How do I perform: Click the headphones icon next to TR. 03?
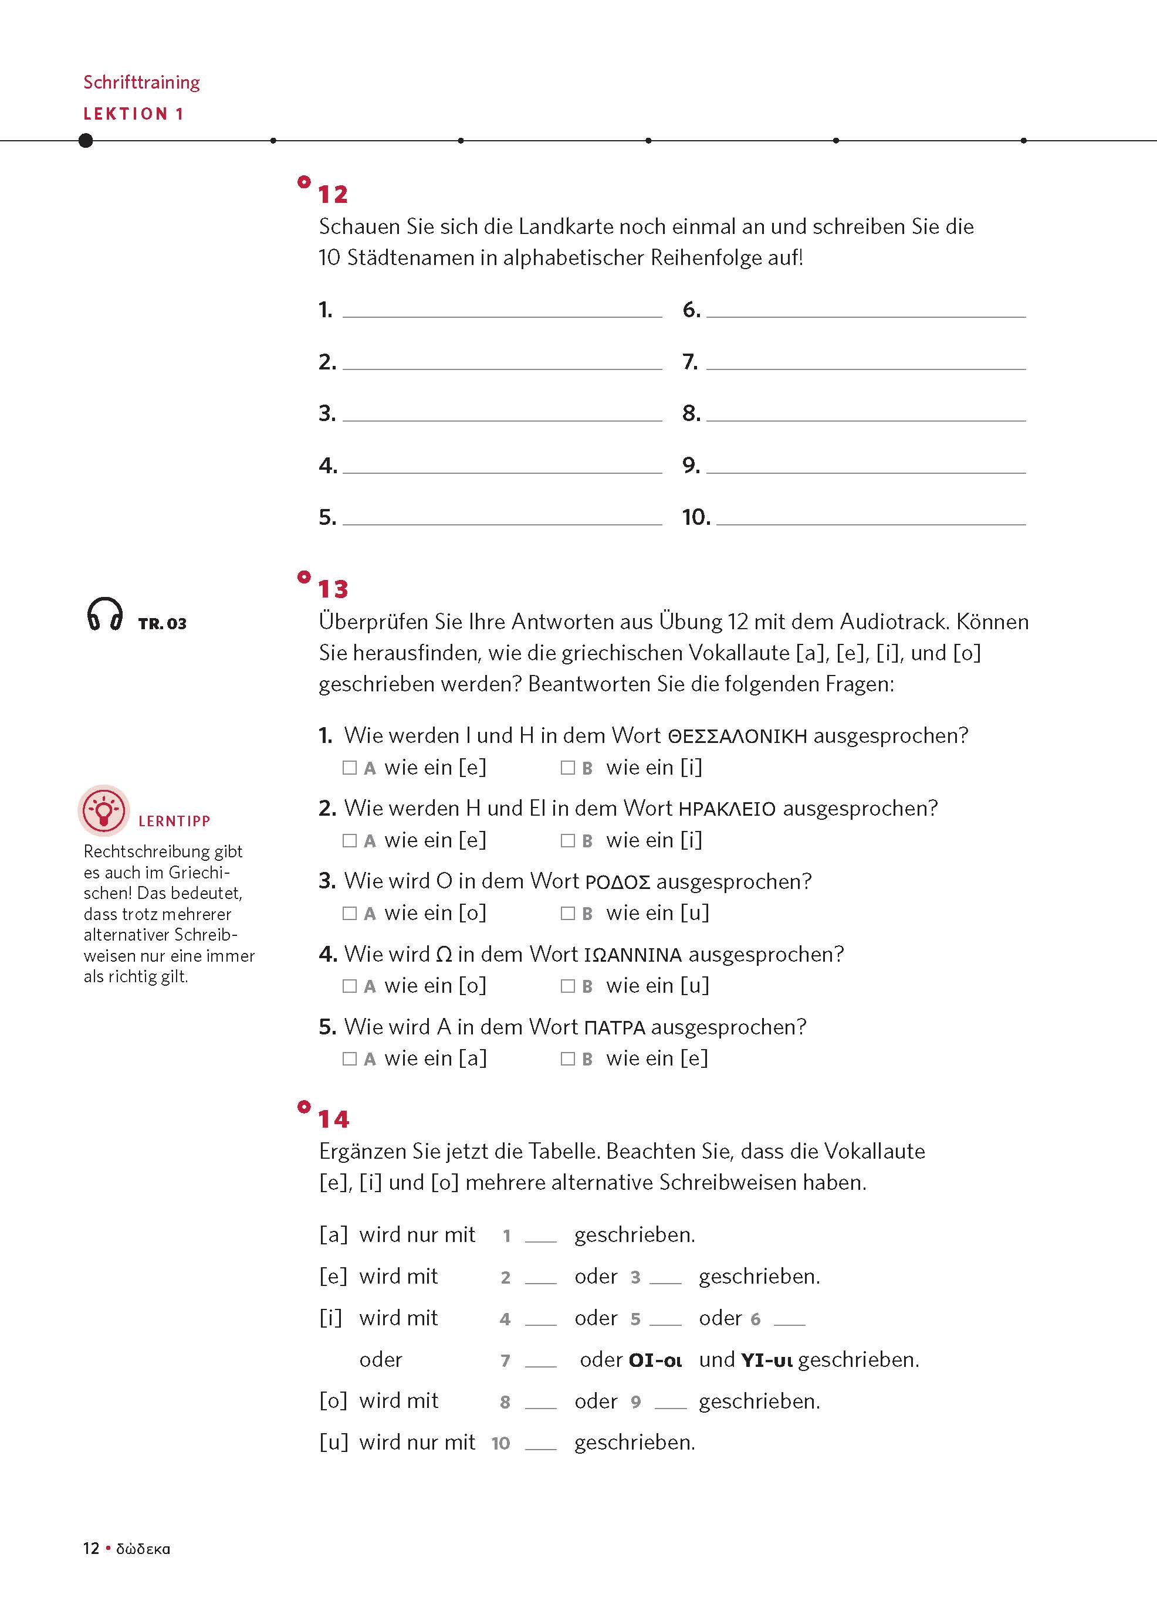point(104,614)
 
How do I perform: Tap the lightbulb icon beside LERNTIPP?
point(104,810)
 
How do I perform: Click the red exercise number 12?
point(333,194)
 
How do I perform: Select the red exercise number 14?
point(333,1119)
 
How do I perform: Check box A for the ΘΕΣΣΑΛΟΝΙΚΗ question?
point(349,768)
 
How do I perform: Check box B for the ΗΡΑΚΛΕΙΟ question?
point(567,840)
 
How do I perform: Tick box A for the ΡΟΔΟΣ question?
point(349,913)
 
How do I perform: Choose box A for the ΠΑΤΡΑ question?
point(349,1059)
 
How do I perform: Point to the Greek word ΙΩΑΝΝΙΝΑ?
point(632,955)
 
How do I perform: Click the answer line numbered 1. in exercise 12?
point(502,312)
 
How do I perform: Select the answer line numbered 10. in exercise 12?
point(871,519)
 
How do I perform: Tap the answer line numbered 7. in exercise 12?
point(865,364)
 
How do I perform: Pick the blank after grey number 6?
point(789,1320)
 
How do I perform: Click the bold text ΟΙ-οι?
point(655,1360)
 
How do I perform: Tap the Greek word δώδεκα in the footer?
point(143,1549)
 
